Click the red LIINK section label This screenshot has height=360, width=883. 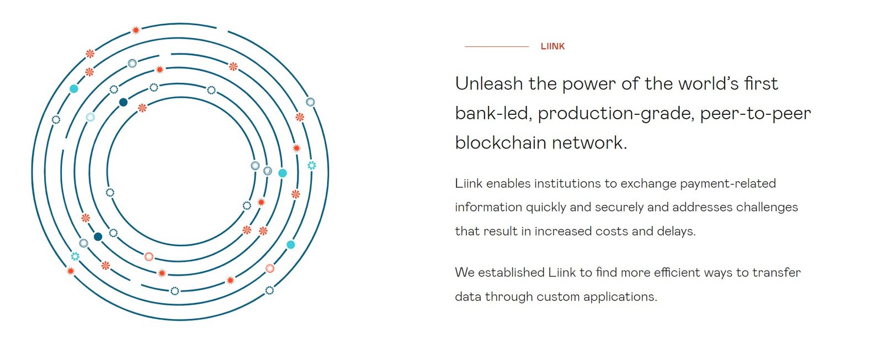pyautogui.click(x=552, y=46)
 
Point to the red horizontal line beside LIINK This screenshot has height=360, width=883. pyautogui.click(x=497, y=46)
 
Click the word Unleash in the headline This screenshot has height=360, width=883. pyautogui.click(x=489, y=83)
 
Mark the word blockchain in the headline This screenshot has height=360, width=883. pyautogui.click(x=500, y=142)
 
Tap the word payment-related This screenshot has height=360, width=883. pyautogui.click(x=728, y=184)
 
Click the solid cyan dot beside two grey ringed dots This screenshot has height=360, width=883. pyautogui.click(x=283, y=173)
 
